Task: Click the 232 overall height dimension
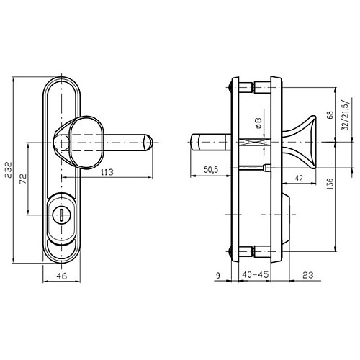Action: coord(9,170)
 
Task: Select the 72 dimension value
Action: coord(23,179)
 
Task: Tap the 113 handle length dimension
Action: coord(107,172)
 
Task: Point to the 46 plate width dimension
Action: coord(62,276)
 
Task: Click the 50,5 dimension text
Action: coord(211,170)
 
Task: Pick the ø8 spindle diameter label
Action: coord(258,123)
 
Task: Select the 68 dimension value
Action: coord(330,115)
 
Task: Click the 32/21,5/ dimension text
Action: coord(346,115)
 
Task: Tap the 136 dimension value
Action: coord(330,184)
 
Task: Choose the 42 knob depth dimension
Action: coord(299,179)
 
